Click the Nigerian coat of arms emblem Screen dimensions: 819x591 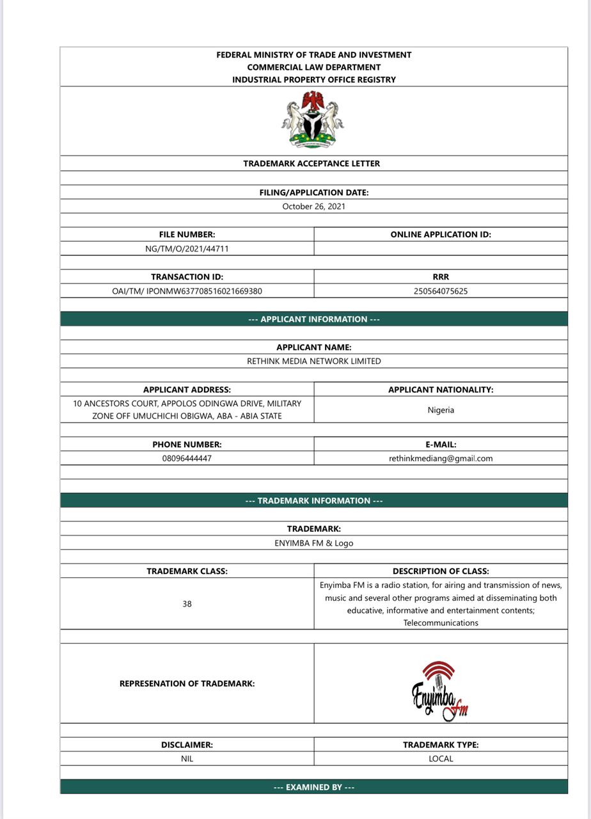click(313, 120)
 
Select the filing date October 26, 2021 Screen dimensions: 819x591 click(313, 207)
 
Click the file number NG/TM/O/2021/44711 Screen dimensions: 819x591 click(187, 249)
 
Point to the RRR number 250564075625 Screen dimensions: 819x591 click(441, 291)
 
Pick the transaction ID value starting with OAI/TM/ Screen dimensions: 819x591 click(187, 291)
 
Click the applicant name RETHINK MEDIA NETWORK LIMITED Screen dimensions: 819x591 click(313, 362)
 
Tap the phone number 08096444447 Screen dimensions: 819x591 click(187, 459)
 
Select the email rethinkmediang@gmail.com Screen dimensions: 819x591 click(441, 459)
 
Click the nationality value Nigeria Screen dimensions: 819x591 click(441, 410)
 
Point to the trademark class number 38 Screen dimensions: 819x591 click(187, 604)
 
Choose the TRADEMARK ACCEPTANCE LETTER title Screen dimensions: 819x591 click(311, 164)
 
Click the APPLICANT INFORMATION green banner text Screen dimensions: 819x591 click(313, 319)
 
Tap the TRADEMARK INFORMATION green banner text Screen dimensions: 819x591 click(313, 501)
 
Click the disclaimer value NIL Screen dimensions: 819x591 click(187, 759)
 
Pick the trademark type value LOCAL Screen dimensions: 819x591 click(441, 759)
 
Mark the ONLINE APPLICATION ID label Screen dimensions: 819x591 click(441, 235)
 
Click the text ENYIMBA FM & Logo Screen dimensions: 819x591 click(313, 543)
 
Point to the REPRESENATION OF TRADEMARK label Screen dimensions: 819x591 click(187, 684)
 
